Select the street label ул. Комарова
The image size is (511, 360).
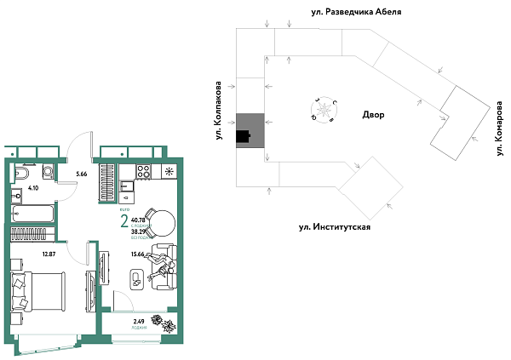pos(497,129)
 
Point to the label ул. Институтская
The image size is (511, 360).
pos(334,227)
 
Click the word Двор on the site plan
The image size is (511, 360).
pos(373,115)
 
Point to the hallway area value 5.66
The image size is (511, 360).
pos(82,174)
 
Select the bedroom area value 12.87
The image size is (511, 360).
pos(49,253)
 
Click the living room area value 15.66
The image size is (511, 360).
pos(141,253)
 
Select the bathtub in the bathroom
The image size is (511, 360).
pos(33,211)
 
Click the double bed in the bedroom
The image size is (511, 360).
pos(37,294)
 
